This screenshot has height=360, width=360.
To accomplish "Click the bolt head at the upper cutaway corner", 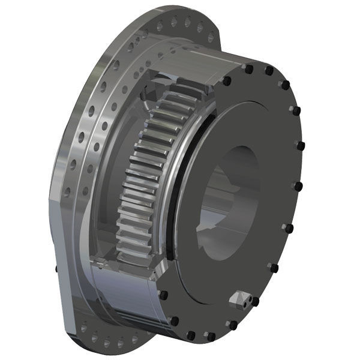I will (x=227, y=80).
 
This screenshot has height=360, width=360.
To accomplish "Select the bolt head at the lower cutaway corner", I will (x=162, y=295).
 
